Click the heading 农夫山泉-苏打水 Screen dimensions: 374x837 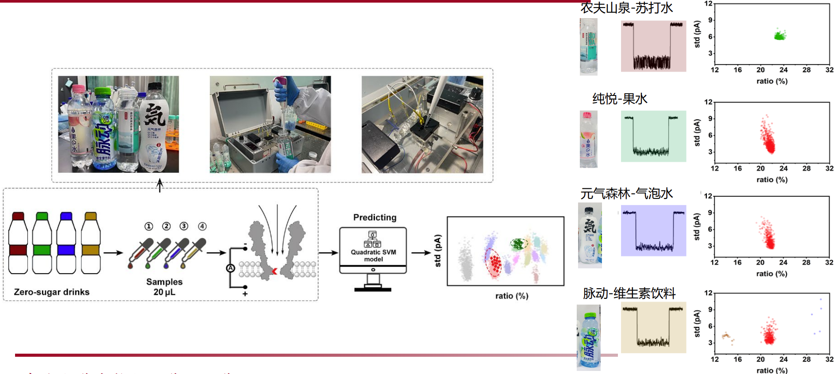click(626, 8)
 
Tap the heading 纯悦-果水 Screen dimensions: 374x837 click(620, 99)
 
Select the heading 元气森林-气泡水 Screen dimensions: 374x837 click(626, 193)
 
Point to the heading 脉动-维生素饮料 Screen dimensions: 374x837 click(629, 293)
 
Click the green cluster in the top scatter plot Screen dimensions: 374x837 click(780, 36)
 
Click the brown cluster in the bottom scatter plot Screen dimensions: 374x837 click(726, 337)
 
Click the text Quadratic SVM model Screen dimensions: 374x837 click(373, 256)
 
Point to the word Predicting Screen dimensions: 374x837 click(374, 218)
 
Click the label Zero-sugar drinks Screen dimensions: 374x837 click(51, 292)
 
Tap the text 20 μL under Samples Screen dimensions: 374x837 click(164, 292)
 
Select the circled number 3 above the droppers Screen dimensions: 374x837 click(184, 226)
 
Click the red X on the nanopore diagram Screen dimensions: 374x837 click(274, 271)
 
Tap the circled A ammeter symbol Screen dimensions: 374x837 click(230, 268)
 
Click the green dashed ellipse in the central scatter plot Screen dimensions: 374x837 click(519, 244)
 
